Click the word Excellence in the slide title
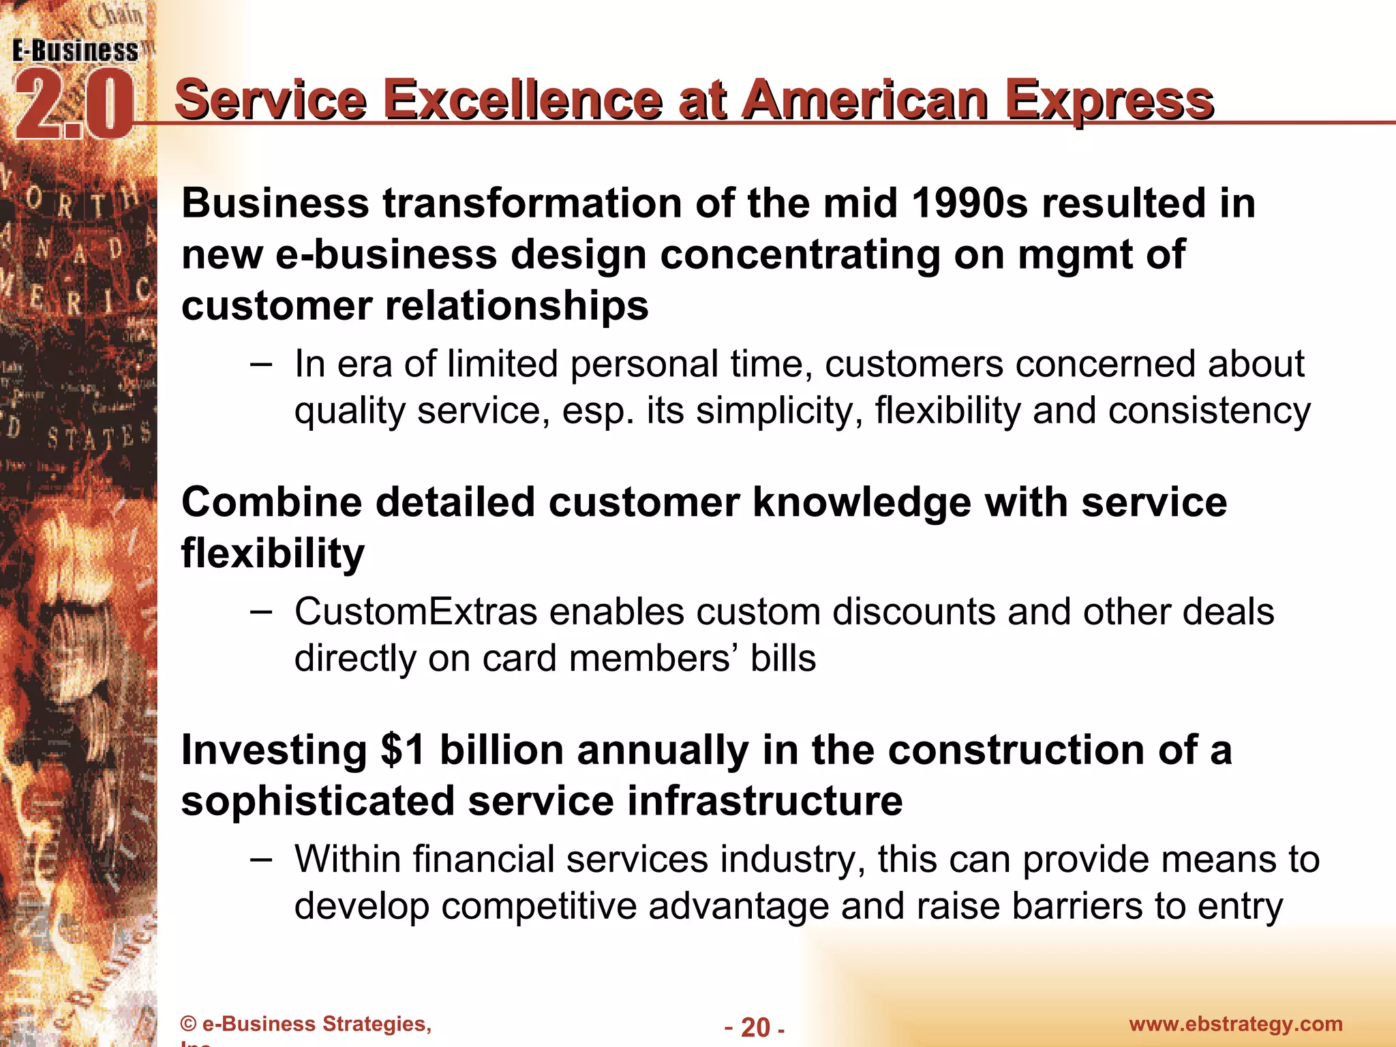pyautogui.click(x=522, y=100)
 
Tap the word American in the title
pyautogui.click(x=864, y=100)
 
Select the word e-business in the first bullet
pyautogui.click(x=386, y=255)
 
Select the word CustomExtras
pyautogui.click(x=416, y=611)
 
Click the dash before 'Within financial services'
pyautogui.click(x=260, y=859)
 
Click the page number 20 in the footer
pyautogui.click(x=755, y=1027)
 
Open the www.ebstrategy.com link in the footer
pyautogui.click(x=1235, y=1024)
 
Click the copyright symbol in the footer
pyautogui.click(x=188, y=1025)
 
